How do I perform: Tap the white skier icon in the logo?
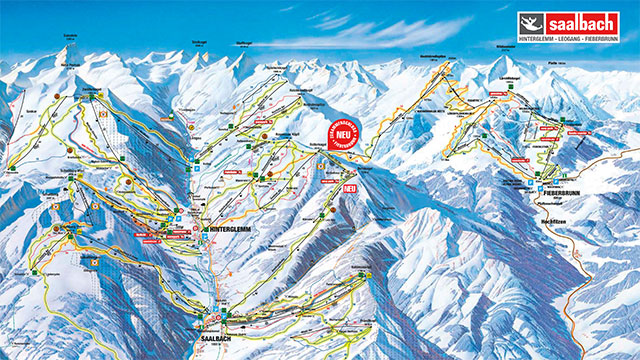(x=531, y=23)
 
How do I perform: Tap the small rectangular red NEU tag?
(x=349, y=186)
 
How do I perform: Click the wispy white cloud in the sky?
(x=400, y=30)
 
